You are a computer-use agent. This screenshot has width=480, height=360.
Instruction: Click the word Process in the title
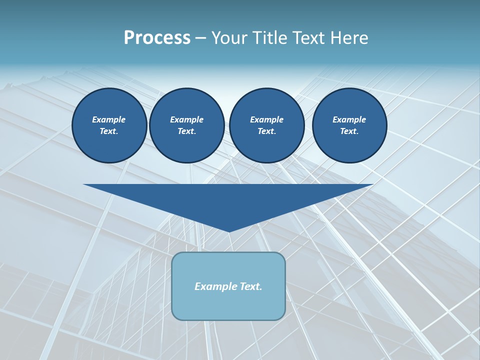point(157,38)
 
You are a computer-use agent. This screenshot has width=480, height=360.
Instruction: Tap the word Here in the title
point(348,38)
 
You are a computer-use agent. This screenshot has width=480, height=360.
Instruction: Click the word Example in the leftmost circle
point(109,119)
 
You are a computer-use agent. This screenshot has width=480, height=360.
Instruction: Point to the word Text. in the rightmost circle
point(349,131)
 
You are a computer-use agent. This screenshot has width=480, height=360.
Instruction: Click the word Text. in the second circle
point(186,131)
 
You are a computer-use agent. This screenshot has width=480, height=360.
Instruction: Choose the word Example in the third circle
point(266,119)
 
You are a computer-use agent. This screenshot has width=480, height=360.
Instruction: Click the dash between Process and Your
point(200,38)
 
